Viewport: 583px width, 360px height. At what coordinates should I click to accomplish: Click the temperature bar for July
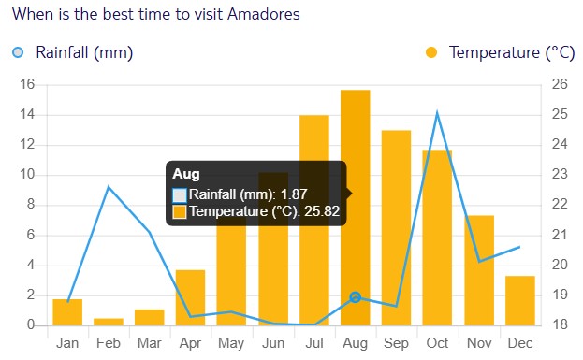tap(313, 220)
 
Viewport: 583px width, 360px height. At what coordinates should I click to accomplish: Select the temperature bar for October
tap(437, 238)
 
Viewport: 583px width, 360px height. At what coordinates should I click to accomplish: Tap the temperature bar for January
tap(67, 312)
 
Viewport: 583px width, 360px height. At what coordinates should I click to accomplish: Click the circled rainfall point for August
tap(355, 297)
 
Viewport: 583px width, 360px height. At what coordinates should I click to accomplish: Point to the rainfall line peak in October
tap(437, 112)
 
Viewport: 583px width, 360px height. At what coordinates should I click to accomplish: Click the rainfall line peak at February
tap(109, 187)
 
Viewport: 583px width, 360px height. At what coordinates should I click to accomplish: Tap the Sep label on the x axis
tap(396, 343)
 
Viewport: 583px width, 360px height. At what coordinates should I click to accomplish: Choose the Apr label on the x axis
tap(191, 343)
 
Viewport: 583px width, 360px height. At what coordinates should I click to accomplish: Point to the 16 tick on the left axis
tap(27, 85)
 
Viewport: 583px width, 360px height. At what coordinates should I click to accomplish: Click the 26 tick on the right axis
tap(559, 85)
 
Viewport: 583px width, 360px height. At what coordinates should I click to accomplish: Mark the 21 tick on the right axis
tap(559, 235)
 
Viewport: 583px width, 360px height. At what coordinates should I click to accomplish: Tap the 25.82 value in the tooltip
tap(320, 211)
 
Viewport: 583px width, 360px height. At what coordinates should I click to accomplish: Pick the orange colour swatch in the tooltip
tap(180, 212)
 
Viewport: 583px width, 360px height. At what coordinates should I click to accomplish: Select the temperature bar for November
tap(478, 270)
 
